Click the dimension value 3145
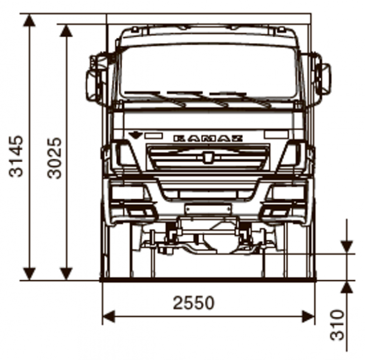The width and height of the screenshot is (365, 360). pyautogui.click(x=16, y=155)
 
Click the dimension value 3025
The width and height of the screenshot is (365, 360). pyautogui.click(x=55, y=157)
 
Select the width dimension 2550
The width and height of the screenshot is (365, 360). pyautogui.click(x=193, y=302)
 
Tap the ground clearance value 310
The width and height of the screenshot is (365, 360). pyautogui.click(x=336, y=325)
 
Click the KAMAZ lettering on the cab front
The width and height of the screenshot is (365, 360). pyautogui.click(x=208, y=138)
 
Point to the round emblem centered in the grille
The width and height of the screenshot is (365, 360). pyautogui.click(x=208, y=158)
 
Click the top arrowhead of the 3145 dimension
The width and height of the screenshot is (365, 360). pyautogui.click(x=29, y=20)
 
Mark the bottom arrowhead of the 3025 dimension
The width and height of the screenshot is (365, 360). pyautogui.click(x=66, y=274)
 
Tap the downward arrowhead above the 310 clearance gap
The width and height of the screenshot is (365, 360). pyautogui.click(x=347, y=246)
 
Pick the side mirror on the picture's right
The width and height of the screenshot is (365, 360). pyautogui.click(x=324, y=79)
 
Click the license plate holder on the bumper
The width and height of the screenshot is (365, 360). pyautogui.click(x=208, y=210)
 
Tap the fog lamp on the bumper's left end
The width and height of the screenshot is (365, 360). pyautogui.click(x=140, y=211)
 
